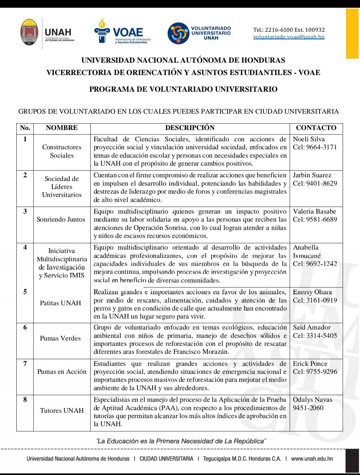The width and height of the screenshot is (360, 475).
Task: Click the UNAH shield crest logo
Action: coord(29,32)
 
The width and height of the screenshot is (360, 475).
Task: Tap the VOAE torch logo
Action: coord(101,31)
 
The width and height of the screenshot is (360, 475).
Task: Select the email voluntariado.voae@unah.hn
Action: coord(289,37)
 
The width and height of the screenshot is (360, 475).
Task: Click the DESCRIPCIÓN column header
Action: coord(190,128)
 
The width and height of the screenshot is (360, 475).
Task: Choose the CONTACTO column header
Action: coord(316,128)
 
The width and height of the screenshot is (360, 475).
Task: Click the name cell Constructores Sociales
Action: coord(62,151)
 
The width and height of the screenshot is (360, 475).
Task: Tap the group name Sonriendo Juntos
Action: coord(61,220)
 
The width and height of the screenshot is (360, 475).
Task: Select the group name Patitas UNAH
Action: coord(60,303)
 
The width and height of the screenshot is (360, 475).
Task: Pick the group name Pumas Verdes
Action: coord(60,338)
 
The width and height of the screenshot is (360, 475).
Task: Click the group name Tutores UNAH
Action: coord(62,411)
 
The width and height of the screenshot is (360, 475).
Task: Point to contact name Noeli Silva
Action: coord(309,139)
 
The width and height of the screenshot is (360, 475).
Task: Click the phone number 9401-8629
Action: coord(322,184)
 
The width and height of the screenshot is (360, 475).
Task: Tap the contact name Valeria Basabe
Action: coord(314,212)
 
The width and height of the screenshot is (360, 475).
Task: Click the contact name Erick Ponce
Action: coord(310,364)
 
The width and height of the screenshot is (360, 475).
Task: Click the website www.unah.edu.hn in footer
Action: coord(312,459)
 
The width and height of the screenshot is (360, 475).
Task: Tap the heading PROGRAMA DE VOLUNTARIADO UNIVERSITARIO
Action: coord(183,89)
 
